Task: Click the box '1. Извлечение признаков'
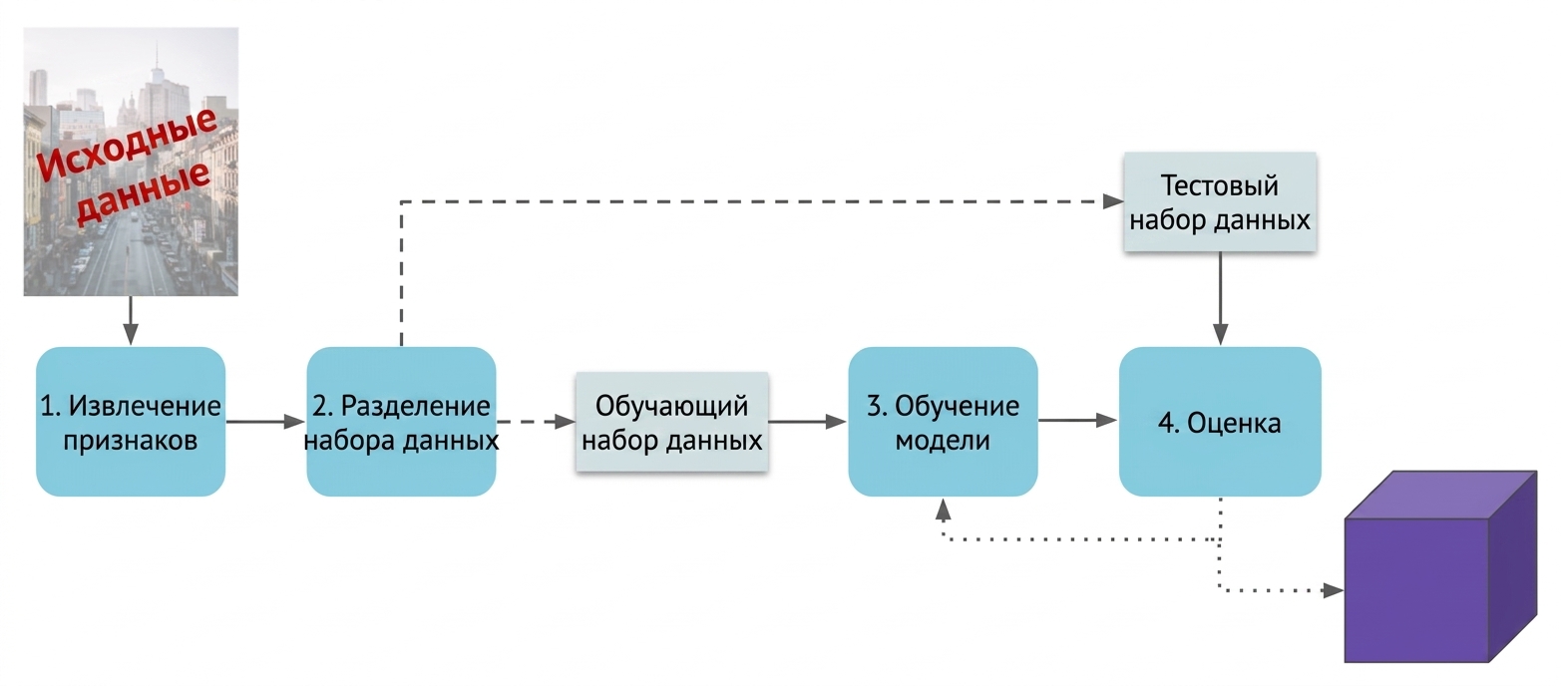131,422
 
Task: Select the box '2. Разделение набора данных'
401,422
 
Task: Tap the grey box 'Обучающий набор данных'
672,422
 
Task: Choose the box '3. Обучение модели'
943,422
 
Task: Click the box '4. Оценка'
1220,422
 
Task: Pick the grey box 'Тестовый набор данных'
1220,202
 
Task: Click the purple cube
1440,566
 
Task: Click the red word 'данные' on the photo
143,192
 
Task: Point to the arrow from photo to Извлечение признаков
131,320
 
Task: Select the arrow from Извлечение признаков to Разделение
265,422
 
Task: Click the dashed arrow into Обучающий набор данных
536,422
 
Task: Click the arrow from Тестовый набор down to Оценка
1220,298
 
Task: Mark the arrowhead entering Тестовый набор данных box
1113,202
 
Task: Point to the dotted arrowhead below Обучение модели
943,510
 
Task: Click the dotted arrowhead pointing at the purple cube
1334,590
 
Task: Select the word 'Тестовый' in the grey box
1220,185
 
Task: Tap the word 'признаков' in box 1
131,441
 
